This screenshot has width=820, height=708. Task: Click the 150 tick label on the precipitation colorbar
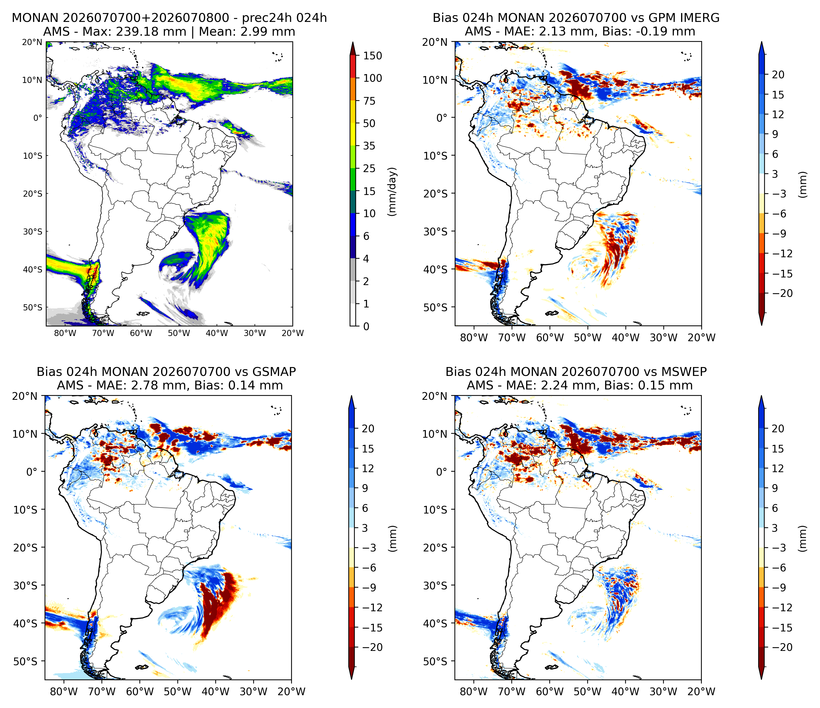373,56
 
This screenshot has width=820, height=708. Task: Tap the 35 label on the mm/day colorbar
369,146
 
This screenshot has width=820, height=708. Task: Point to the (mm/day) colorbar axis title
392,192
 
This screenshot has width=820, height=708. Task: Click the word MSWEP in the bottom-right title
685,372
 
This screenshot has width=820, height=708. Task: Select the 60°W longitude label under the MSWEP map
550,692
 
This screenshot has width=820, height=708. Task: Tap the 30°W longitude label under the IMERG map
664,338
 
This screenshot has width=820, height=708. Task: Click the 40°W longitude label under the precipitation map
217,333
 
